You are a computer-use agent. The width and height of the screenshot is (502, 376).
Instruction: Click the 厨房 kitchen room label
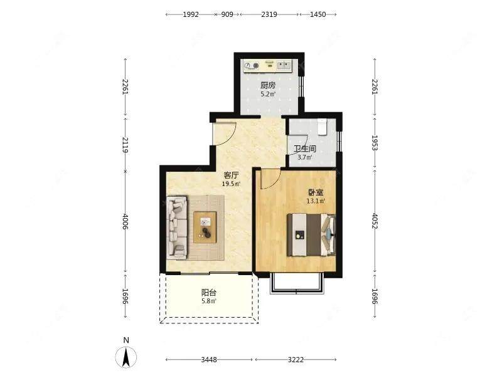coord(268,85)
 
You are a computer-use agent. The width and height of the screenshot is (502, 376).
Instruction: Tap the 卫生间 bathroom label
coord(305,149)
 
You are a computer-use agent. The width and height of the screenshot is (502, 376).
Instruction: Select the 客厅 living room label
coord(231,175)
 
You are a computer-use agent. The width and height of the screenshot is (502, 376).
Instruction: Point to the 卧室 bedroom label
coord(316,192)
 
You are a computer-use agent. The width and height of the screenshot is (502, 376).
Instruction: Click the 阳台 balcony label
coord(209,292)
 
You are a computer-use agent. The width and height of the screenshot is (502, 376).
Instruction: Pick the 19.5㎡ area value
coord(231,184)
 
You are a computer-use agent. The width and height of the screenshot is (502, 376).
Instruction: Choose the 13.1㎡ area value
coord(316,201)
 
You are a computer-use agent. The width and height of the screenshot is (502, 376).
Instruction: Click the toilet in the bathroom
coord(322,127)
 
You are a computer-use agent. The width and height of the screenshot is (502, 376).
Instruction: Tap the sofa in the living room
coord(177,227)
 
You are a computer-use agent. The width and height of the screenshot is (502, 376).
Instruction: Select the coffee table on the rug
coord(205,227)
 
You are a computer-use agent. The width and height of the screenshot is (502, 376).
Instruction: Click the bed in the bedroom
coord(311,234)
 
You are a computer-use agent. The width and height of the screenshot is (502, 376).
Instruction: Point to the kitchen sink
coord(284,66)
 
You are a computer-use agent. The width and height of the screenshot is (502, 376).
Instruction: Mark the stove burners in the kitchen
coord(252,66)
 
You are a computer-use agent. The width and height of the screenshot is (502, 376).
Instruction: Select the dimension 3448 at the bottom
coord(209,360)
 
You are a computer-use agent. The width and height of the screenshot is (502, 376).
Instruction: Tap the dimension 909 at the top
coord(227,14)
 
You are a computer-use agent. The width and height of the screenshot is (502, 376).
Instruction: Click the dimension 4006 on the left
coord(125,222)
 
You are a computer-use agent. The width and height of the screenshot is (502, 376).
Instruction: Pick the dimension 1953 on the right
coord(374,143)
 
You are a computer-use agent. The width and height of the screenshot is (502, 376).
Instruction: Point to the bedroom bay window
coord(296,283)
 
